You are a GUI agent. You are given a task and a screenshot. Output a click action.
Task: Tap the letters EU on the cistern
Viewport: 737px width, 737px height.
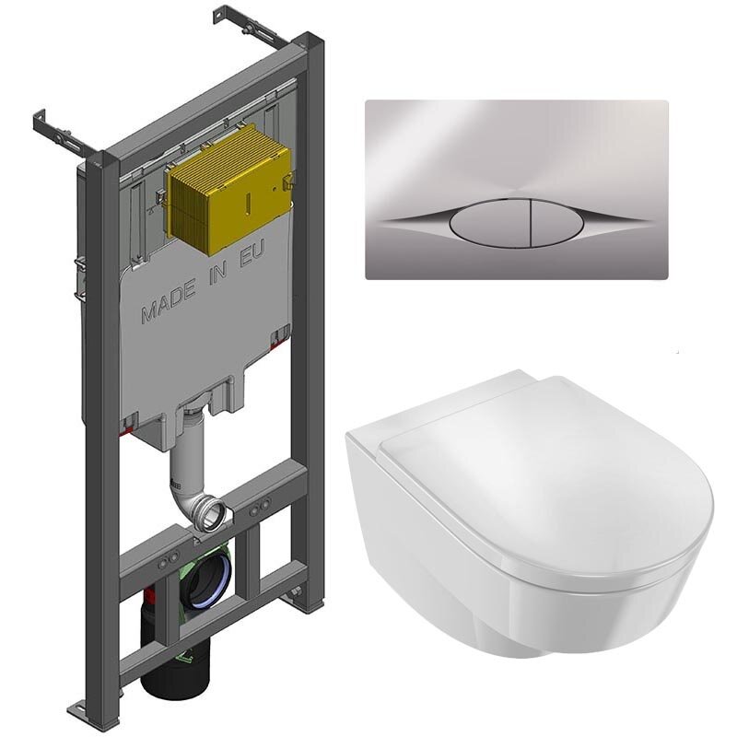252,254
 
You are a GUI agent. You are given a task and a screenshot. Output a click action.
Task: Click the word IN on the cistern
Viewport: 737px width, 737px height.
218,275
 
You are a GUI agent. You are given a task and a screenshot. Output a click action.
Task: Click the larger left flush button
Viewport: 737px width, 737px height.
489,223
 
